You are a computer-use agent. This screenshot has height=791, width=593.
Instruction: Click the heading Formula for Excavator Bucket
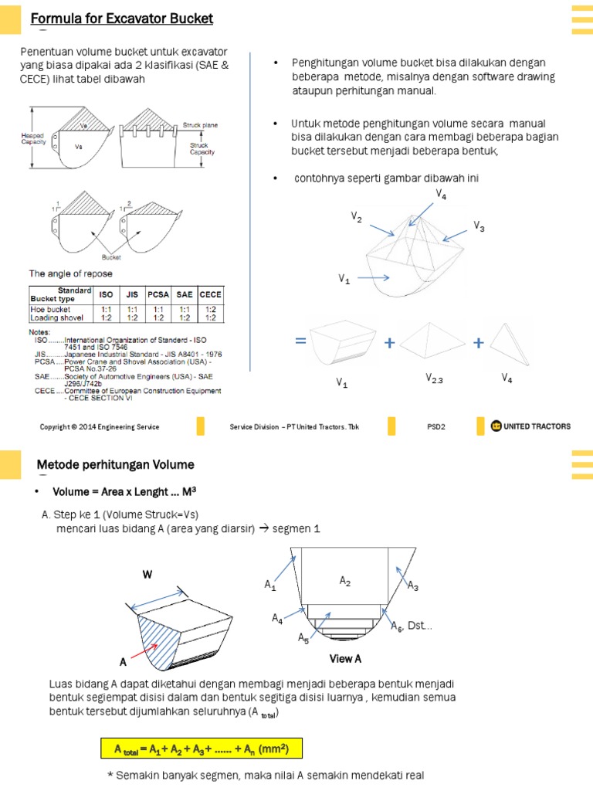tap(122, 19)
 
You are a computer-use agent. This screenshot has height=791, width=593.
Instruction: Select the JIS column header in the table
tap(132, 294)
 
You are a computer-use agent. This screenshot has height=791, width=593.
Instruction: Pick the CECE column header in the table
tap(210, 294)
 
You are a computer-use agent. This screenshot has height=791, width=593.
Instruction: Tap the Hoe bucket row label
tap(52, 309)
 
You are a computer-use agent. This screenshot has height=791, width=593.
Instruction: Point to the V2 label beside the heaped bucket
tap(356, 219)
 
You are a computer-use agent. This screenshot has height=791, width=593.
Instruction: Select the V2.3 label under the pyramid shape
tap(435, 378)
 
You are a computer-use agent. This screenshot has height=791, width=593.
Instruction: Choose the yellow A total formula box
tap(201, 749)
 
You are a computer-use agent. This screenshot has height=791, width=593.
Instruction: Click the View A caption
tap(345, 659)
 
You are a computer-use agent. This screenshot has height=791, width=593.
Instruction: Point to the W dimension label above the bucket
tap(147, 575)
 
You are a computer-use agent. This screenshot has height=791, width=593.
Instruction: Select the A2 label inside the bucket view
tap(345, 581)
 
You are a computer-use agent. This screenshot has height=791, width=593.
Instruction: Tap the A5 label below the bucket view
tap(303, 638)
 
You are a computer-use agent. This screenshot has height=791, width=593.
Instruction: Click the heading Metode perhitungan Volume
tap(116, 464)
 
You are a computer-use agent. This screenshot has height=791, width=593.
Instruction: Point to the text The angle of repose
tap(71, 273)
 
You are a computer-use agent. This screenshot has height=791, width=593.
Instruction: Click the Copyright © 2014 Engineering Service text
tap(100, 427)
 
